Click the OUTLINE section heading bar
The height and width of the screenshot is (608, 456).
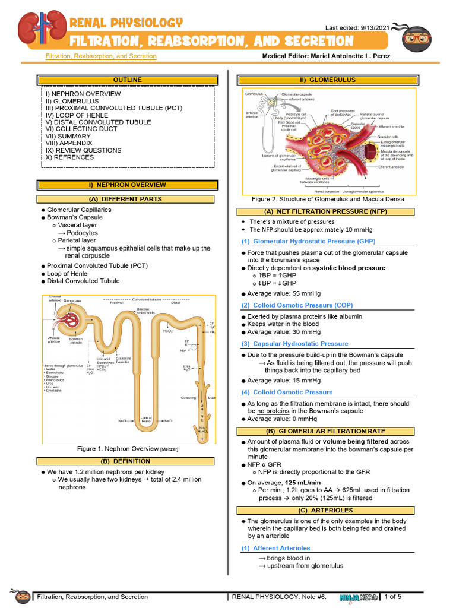(127, 80)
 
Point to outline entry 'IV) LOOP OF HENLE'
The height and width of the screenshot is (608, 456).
(77, 115)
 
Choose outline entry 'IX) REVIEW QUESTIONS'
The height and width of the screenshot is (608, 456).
(83, 150)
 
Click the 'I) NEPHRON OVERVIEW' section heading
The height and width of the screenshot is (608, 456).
(127, 185)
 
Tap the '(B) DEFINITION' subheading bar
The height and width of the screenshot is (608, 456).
(127, 461)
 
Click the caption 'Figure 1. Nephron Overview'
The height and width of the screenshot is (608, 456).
(118, 448)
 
